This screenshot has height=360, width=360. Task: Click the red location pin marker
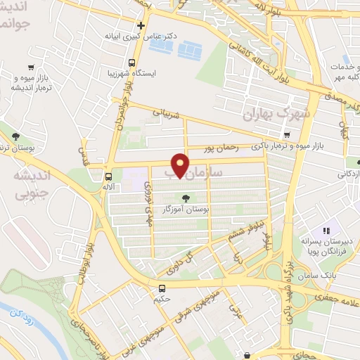coord(182,165)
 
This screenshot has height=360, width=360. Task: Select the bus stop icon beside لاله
coord(108,176)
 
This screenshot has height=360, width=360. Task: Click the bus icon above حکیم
coord(162,288)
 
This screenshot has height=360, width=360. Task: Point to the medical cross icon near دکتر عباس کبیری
coord(141,25)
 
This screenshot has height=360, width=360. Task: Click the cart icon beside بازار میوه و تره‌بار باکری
coord(285,136)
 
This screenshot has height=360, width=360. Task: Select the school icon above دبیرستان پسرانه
coord(326,231)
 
